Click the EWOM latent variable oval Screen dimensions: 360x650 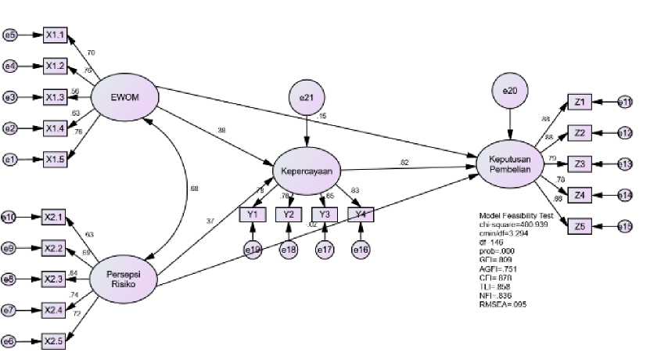[x=125, y=98]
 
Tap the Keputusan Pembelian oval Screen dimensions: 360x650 [x=509, y=164]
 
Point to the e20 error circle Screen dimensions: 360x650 [x=510, y=91]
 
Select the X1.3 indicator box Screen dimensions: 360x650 [x=56, y=98]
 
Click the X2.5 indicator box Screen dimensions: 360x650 [x=56, y=341]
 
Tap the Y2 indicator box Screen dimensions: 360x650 [x=289, y=214]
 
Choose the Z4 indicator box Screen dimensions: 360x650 [x=579, y=195]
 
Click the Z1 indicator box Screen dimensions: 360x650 [x=579, y=102]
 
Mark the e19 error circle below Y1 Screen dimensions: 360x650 [x=253, y=250]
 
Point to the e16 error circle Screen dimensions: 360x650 [x=361, y=250]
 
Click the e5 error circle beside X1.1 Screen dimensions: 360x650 [x=10, y=35]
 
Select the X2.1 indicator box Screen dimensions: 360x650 [x=56, y=217]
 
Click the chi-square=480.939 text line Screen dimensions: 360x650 [x=511, y=224]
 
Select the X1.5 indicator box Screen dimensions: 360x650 [x=56, y=160]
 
